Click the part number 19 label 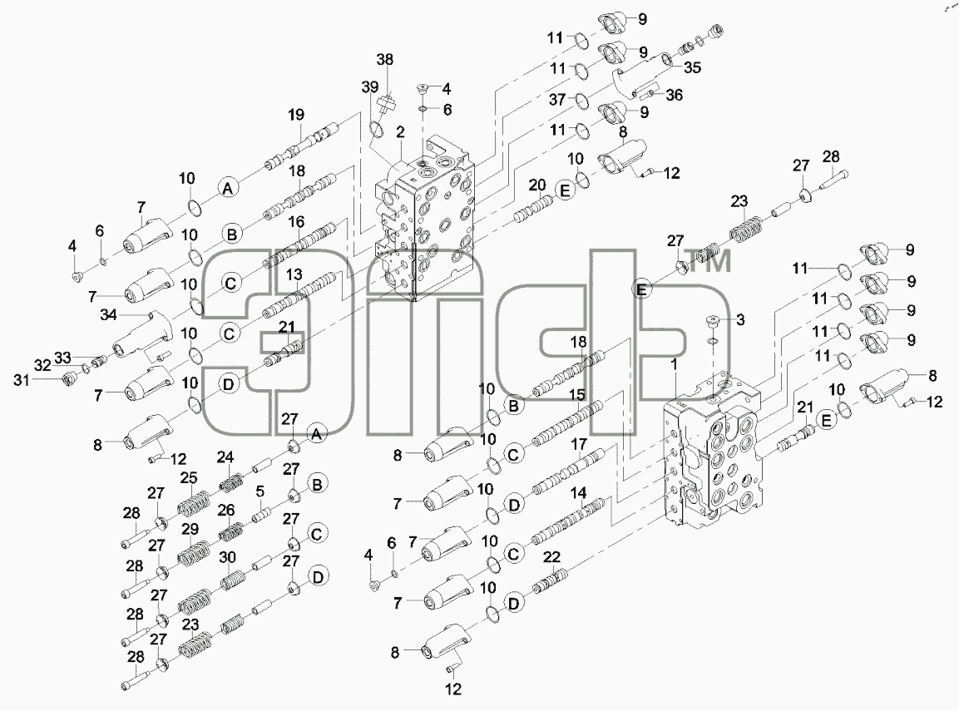(296, 114)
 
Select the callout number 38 (385, 59)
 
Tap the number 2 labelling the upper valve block (400, 132)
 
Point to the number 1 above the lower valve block (674, 364)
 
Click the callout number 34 (108, 315)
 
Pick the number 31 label (22, 380)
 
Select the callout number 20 (537, 185)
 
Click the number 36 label (674, 95)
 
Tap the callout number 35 (692, 67)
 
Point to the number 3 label (740, 319)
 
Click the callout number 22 (551, 557)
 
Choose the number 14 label (578, 492)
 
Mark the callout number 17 (579, 444)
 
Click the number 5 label (260, 491)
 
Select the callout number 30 (228, 557)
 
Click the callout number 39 (369, 87)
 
